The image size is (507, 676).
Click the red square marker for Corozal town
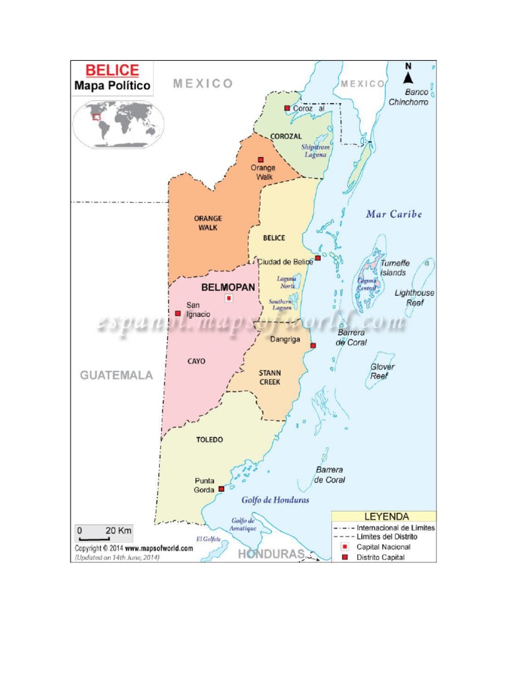287,108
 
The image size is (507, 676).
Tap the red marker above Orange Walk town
261,159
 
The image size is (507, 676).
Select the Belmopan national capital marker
229,298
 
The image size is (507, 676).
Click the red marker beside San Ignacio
178,313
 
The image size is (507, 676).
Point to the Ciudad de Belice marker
318,258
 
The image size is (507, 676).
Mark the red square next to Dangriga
313,345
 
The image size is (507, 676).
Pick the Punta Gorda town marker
221,489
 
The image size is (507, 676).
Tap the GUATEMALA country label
116,375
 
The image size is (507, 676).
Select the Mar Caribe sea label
394,215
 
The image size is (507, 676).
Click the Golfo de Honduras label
275,500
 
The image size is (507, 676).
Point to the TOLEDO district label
209,440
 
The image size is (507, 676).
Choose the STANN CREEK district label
269,378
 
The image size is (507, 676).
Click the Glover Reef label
382,371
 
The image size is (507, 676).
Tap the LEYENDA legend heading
386,516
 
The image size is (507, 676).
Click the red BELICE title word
112,71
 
